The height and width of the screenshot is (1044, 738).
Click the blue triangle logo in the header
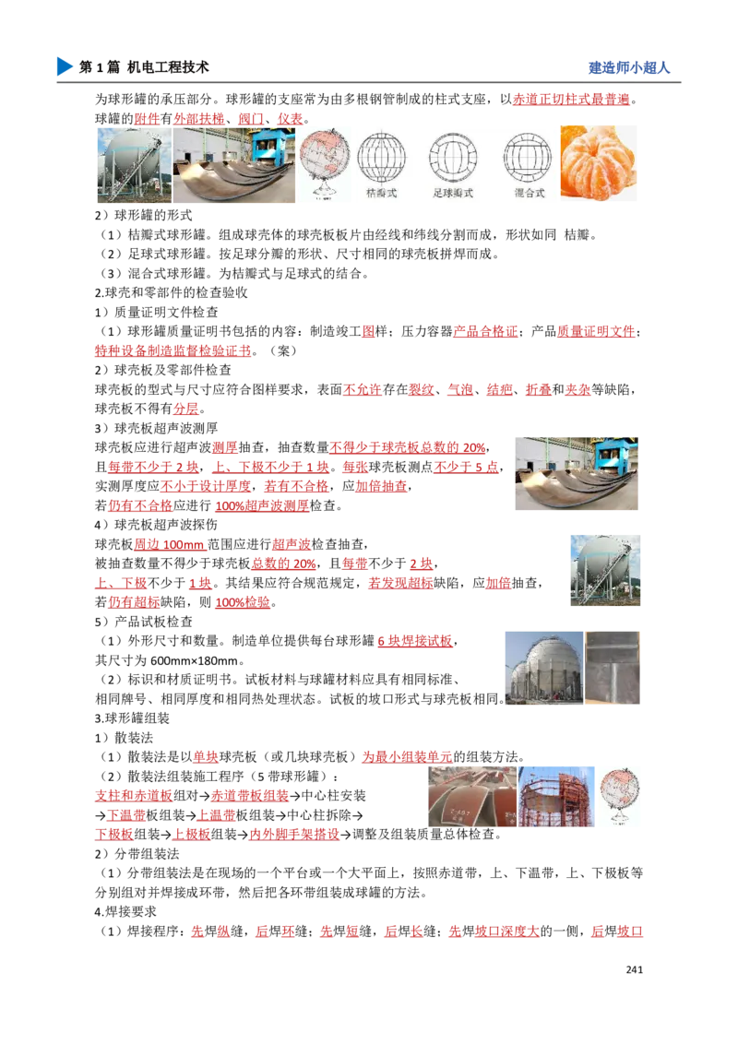63,66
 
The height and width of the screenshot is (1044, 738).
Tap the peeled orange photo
600,162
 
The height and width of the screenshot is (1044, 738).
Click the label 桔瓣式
380,194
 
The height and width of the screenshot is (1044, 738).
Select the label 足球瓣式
452,194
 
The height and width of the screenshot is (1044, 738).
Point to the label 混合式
529,194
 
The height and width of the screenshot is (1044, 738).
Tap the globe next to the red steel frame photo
620,797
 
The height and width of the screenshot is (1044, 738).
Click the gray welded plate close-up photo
613,668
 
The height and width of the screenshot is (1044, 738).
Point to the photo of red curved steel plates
460,797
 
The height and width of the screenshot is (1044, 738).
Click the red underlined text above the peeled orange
571,99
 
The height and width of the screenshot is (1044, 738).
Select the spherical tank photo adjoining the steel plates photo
133,166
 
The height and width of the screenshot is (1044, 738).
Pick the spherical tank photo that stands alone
604,571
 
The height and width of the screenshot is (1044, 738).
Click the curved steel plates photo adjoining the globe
234,166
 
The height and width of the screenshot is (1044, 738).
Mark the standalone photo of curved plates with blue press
575,475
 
